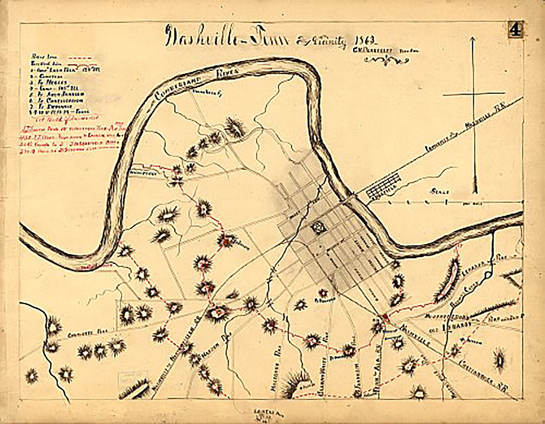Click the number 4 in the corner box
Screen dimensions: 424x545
pos(515,31)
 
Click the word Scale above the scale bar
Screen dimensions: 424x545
pos(439,191)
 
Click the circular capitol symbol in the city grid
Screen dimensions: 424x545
pos(317,228)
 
